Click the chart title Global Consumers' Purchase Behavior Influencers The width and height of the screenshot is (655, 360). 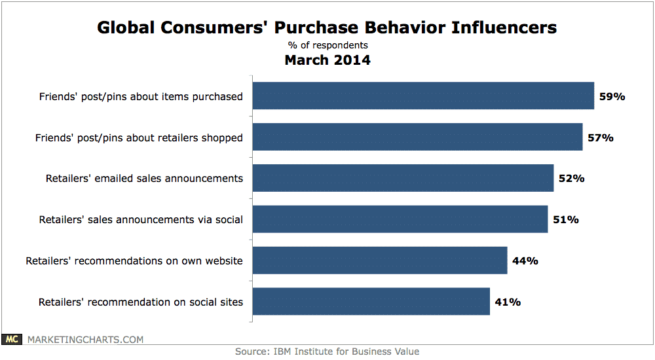click(x=327, y=27)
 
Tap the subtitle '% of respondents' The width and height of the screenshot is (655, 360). click(x=327, y=45)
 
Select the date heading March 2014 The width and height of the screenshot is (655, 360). click(x=327, y=60)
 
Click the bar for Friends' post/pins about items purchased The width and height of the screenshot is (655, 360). click(x=423, y=96)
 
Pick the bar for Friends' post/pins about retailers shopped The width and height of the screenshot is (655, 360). click(x=417, y=137)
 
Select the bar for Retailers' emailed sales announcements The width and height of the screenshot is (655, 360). click(x=403, y=178)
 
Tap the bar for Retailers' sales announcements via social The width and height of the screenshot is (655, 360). click(x=400, y=219)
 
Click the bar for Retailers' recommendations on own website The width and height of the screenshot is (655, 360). click(x=380, y=261)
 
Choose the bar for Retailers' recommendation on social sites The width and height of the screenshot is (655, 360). click(x=371, y=302)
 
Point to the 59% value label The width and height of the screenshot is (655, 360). click(x=612, y=96)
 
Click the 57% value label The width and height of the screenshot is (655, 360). click(x=600, y=137)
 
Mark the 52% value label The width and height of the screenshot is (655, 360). click(x=571, y=179)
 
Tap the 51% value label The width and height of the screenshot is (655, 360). click(x=565, y=220)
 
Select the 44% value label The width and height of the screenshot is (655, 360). click(x=525, y=261)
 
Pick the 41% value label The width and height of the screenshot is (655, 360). click(x=507, y=302)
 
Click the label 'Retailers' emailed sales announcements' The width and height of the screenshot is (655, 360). click(x=144, y=179)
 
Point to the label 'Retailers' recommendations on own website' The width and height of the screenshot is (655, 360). click(x=134, y=261)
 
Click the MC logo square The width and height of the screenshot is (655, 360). click(x=11, y=339)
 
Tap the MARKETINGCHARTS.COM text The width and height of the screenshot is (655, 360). click(x=84, y=339)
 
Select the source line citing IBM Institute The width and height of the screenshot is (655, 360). click(x=327, y=351)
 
